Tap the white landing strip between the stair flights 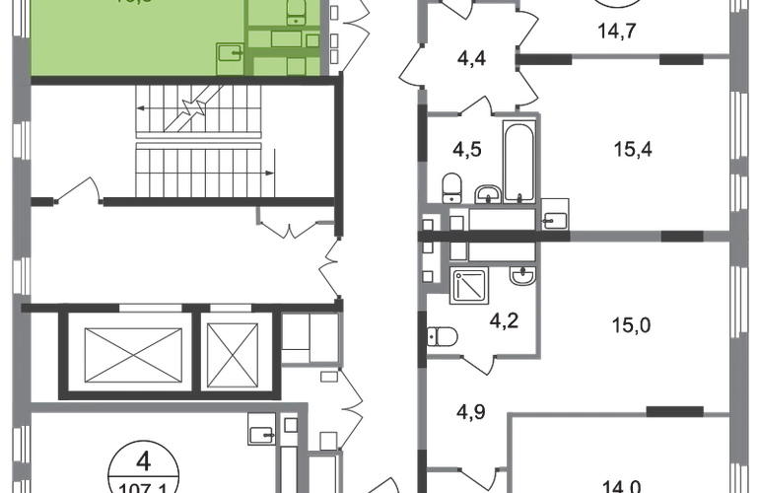click(x=198, y=142)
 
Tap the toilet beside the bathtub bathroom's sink click(x=452, y=185)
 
